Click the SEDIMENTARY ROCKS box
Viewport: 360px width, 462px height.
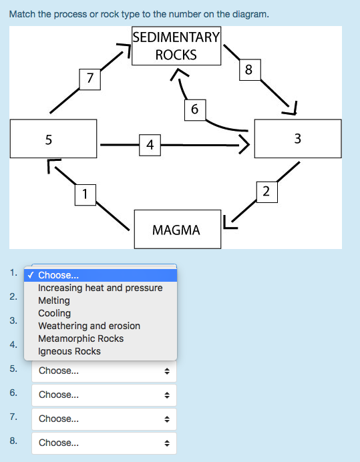click(x=176, y=46)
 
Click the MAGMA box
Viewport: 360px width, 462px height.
click(x=176, y=230)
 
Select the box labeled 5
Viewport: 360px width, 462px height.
click(x=53, y=140)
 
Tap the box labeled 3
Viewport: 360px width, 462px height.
click(x=297, y=139)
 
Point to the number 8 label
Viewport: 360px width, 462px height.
click(x=248, y=70)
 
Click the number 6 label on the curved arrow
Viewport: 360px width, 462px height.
click(x=194, y=109)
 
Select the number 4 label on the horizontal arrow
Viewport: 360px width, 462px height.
click(x=150, y=144)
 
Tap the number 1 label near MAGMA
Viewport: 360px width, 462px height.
click(x=84, y=194)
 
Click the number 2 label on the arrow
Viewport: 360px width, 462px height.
click(x=266, y=192)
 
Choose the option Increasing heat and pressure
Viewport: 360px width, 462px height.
click(x=100, y=288)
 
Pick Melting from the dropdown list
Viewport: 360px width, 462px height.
click(x=54, y=300)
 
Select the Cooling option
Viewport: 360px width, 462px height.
click(x=54, y=313)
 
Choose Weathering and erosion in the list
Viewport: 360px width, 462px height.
click(x=89, y=326)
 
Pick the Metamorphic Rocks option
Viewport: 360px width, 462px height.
click(x=81, y=338)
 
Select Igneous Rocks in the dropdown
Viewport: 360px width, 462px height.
click(x=69, y=351)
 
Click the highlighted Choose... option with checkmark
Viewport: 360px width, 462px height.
click(x=100, y=275)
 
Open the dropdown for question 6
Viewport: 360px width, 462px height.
click(x=104, y=395)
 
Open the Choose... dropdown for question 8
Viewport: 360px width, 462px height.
click(x=104, y=443)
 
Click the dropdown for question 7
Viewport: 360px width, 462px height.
click(x=104, y=419)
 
